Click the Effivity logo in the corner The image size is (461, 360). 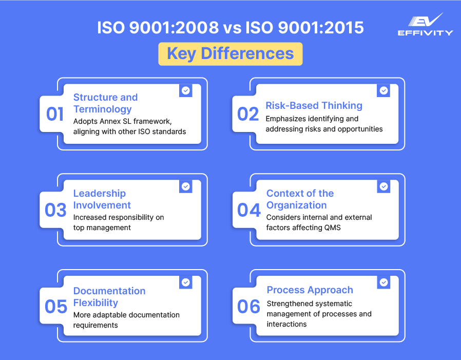(425, 25)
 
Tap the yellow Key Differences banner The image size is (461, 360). (230, 53)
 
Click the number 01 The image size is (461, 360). (55, 114)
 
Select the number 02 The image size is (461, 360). (248, 114)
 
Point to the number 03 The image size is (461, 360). (55, 210)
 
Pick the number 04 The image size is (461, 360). (249, 210)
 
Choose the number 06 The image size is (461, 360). (249, 307)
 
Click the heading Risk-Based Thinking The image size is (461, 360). (314, 106)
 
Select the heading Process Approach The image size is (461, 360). (310, 290)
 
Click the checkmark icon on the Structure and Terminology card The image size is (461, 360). (186, 90)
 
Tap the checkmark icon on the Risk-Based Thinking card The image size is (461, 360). (383, 90)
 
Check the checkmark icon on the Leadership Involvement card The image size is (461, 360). (186, 186)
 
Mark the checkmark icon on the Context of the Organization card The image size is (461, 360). (383, 186)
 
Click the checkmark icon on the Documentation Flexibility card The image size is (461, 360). (186, 282)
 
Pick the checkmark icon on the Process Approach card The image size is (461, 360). (383, 282)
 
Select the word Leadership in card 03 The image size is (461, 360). (100, 194)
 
